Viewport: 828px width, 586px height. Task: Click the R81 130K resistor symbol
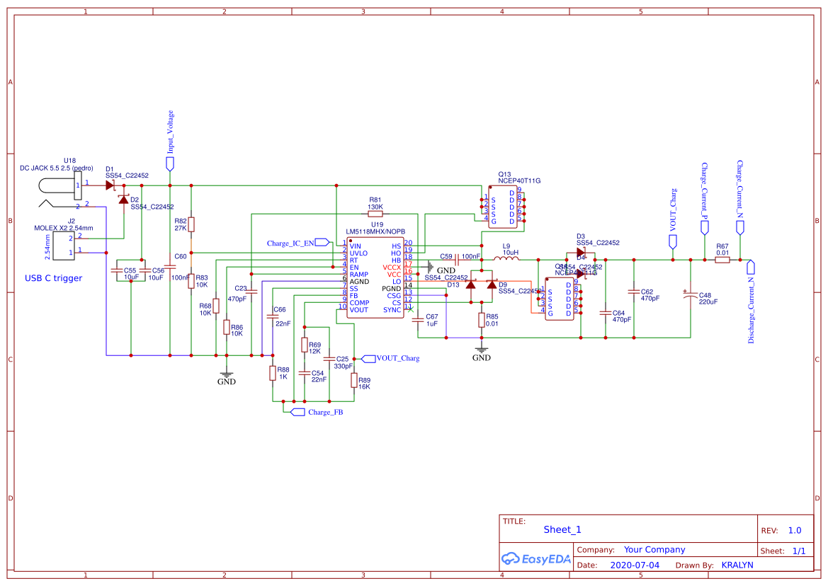(x=375, y=213)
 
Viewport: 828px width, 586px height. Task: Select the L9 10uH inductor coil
(x=506, y=260)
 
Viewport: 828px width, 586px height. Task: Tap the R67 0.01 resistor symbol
(x=722, y=260)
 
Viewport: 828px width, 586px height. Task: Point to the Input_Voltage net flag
(x=170, y=163)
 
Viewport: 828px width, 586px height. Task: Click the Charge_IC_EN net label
(x=322, y=242)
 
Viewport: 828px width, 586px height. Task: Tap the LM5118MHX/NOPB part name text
(x=375, y=231)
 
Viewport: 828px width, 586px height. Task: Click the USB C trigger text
(x=53, y=278)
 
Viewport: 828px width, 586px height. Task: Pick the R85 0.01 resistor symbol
(x=482, y=320)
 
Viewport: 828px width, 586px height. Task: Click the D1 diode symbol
(x=110, y=185)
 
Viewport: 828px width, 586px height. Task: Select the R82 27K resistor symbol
(x=191, y=224)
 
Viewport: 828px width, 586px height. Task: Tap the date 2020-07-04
(x=634, y=565)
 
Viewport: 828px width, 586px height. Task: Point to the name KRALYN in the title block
(x=737, y=565)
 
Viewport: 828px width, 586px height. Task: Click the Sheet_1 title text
(x=562, y=529)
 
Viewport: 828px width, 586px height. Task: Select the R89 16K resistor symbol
(x=354, y=381)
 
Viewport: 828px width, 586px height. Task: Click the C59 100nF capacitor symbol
(x=457, y=260)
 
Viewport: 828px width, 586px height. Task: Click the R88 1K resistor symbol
(x=273, y=373)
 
